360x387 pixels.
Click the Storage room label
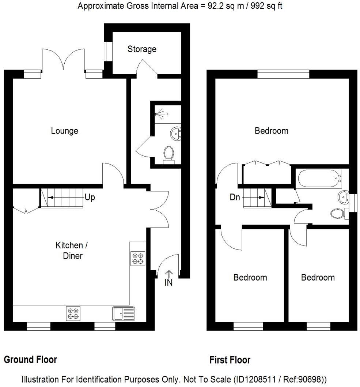point(142,49)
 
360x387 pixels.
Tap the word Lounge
point(64,131)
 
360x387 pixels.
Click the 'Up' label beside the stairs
point(90,197)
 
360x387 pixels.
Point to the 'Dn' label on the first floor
point(235,197)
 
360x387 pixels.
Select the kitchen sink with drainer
point(124,313)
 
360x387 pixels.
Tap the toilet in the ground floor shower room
point(169,153)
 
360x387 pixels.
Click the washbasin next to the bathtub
point(344,197)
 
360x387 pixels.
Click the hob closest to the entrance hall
point(138,258)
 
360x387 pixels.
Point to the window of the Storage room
point(107,52)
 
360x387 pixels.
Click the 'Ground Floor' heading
point(30,360)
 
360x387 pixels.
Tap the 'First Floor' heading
point(230,360)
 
